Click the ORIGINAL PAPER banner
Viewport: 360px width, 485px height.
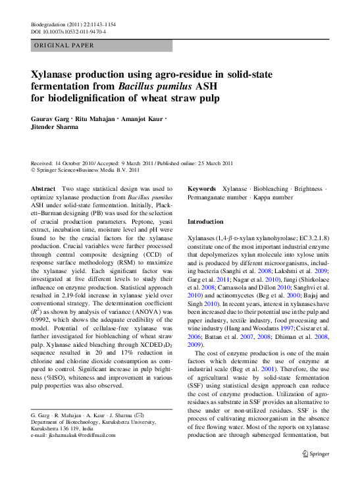(63, 45)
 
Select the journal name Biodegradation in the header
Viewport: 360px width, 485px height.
(50, 24)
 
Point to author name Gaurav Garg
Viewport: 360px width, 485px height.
(52, 119)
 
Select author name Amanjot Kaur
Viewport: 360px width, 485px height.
(143, 119)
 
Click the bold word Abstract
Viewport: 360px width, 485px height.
(43, 189)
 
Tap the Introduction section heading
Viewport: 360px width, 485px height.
(206, 222)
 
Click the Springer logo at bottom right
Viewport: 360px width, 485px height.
(315, 453)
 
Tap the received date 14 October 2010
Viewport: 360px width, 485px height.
(77, 163)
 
